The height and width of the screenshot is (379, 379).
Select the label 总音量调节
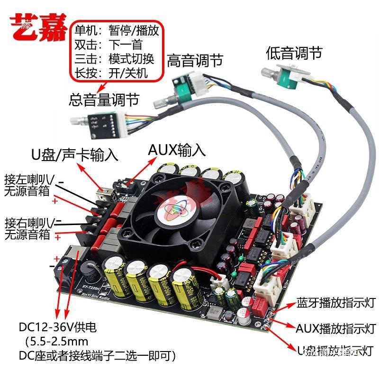104,99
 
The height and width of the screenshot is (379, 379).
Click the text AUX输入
176,150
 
